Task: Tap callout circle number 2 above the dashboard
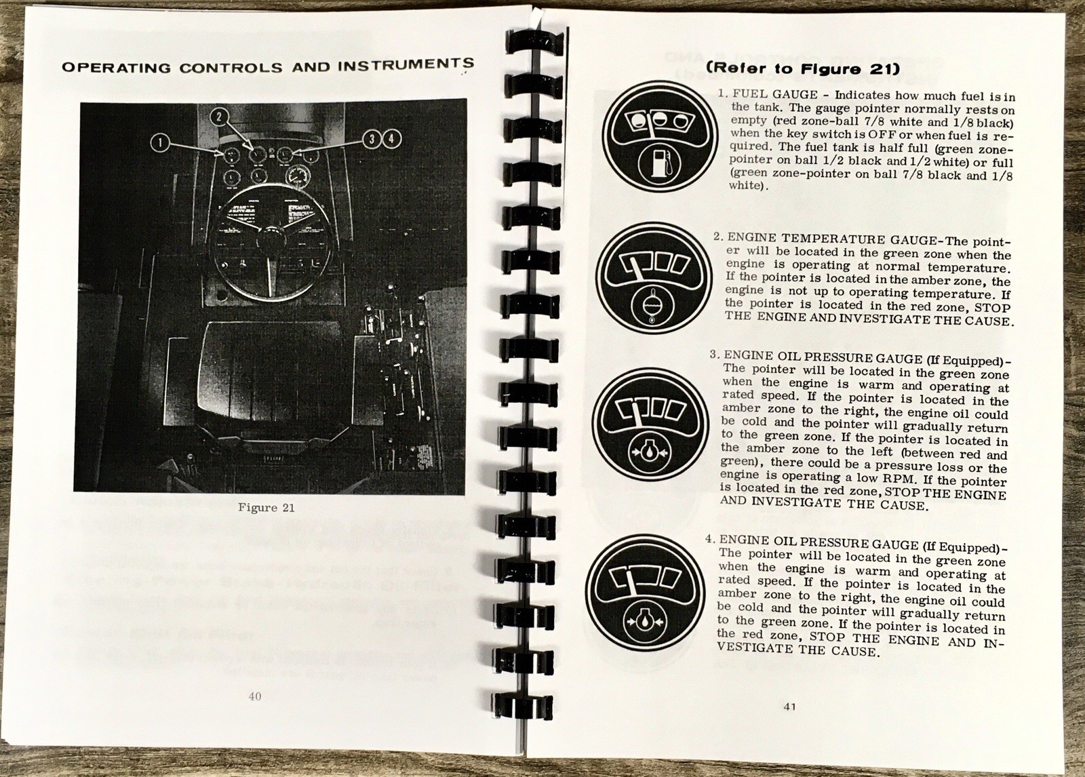point(220,117)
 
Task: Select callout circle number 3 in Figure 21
point(372,139)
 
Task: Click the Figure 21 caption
point(265,507)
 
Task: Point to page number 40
point(255,696)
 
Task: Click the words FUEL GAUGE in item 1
point(766,95)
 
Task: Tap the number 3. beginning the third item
point(714,355)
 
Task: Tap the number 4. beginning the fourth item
point(710,539)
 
